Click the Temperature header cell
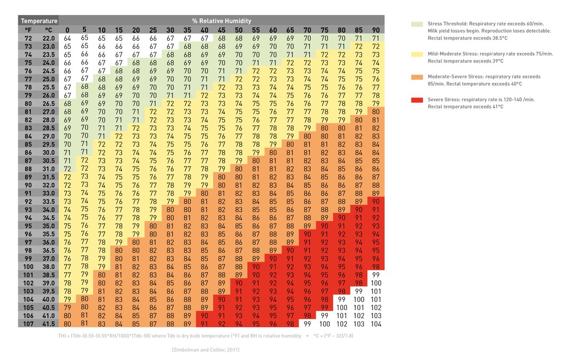click(x=38, y=21)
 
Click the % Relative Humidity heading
click(x=221, y=21)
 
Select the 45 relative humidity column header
click(x=221, y=30)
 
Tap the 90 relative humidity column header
click(x=376, y=30)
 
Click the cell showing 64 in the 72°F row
click(x=67, y=38)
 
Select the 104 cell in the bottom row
click(x=376, y=324)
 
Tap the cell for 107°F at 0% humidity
click(x=67, y=324)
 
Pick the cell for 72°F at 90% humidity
click(x=376, y=38)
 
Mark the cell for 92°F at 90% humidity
click(x=376, y=202)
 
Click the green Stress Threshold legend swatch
click(x=417, y=24)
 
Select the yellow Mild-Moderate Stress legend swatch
click(x=417, y=53)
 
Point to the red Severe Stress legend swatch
click(x=417, y=99)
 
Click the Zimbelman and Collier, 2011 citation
click(x=205, y=350)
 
